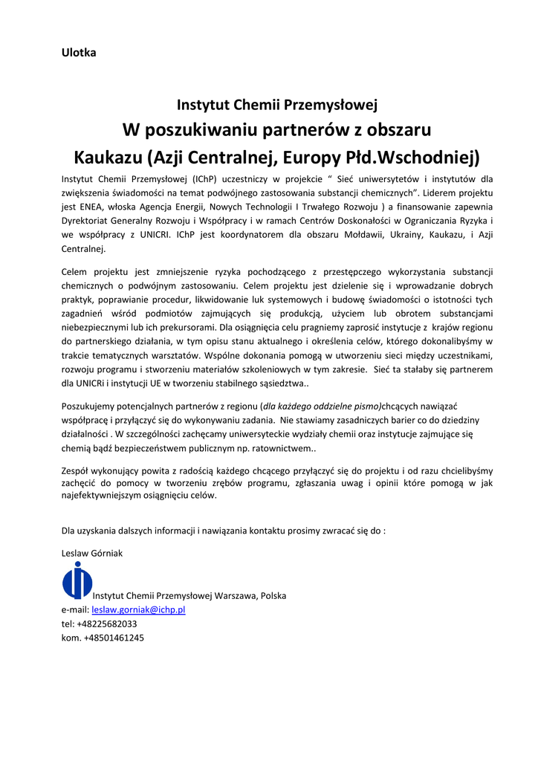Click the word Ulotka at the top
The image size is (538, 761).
pos(79,53)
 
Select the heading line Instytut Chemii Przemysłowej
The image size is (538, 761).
pos(277,105)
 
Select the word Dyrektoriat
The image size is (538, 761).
pos(88,220)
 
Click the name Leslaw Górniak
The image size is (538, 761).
pos(92,553)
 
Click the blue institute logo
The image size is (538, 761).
pos(77,580)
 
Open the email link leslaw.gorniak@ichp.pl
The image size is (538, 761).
pos(138,609)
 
